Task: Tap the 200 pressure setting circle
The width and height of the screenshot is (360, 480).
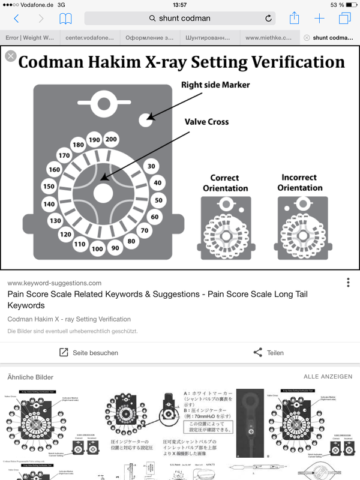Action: click(x=111, y=139)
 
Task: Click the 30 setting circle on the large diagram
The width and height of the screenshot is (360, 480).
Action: click(x=151, y=167)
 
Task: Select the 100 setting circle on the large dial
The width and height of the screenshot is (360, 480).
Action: click(x=97, y=248)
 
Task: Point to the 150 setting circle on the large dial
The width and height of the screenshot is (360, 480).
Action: click(x=49, y=186)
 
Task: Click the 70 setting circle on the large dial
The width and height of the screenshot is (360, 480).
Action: click(x=144, y=230)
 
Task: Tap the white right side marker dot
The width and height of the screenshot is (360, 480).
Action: click(x=146, y=120)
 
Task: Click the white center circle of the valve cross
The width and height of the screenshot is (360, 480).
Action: click(x=103, y=192)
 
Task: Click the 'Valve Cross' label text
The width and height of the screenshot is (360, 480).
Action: click(x=206, y=122)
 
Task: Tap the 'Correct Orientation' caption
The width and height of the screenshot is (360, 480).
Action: click(x=225, y=183)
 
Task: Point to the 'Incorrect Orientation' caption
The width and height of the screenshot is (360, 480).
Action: click(x=300, y=183)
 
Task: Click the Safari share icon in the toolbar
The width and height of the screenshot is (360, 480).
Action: click(x=294, y=19)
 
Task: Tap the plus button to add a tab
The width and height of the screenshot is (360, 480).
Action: click(x=319, y=19)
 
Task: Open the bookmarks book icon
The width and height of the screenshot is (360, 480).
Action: click(x=65, y=19)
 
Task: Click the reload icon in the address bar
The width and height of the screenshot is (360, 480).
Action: click(x=268, y=19)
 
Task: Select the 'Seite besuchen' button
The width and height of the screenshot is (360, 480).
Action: click(x=88, y=353)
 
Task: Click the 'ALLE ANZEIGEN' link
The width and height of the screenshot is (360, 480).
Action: click(x=328, y=377)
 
